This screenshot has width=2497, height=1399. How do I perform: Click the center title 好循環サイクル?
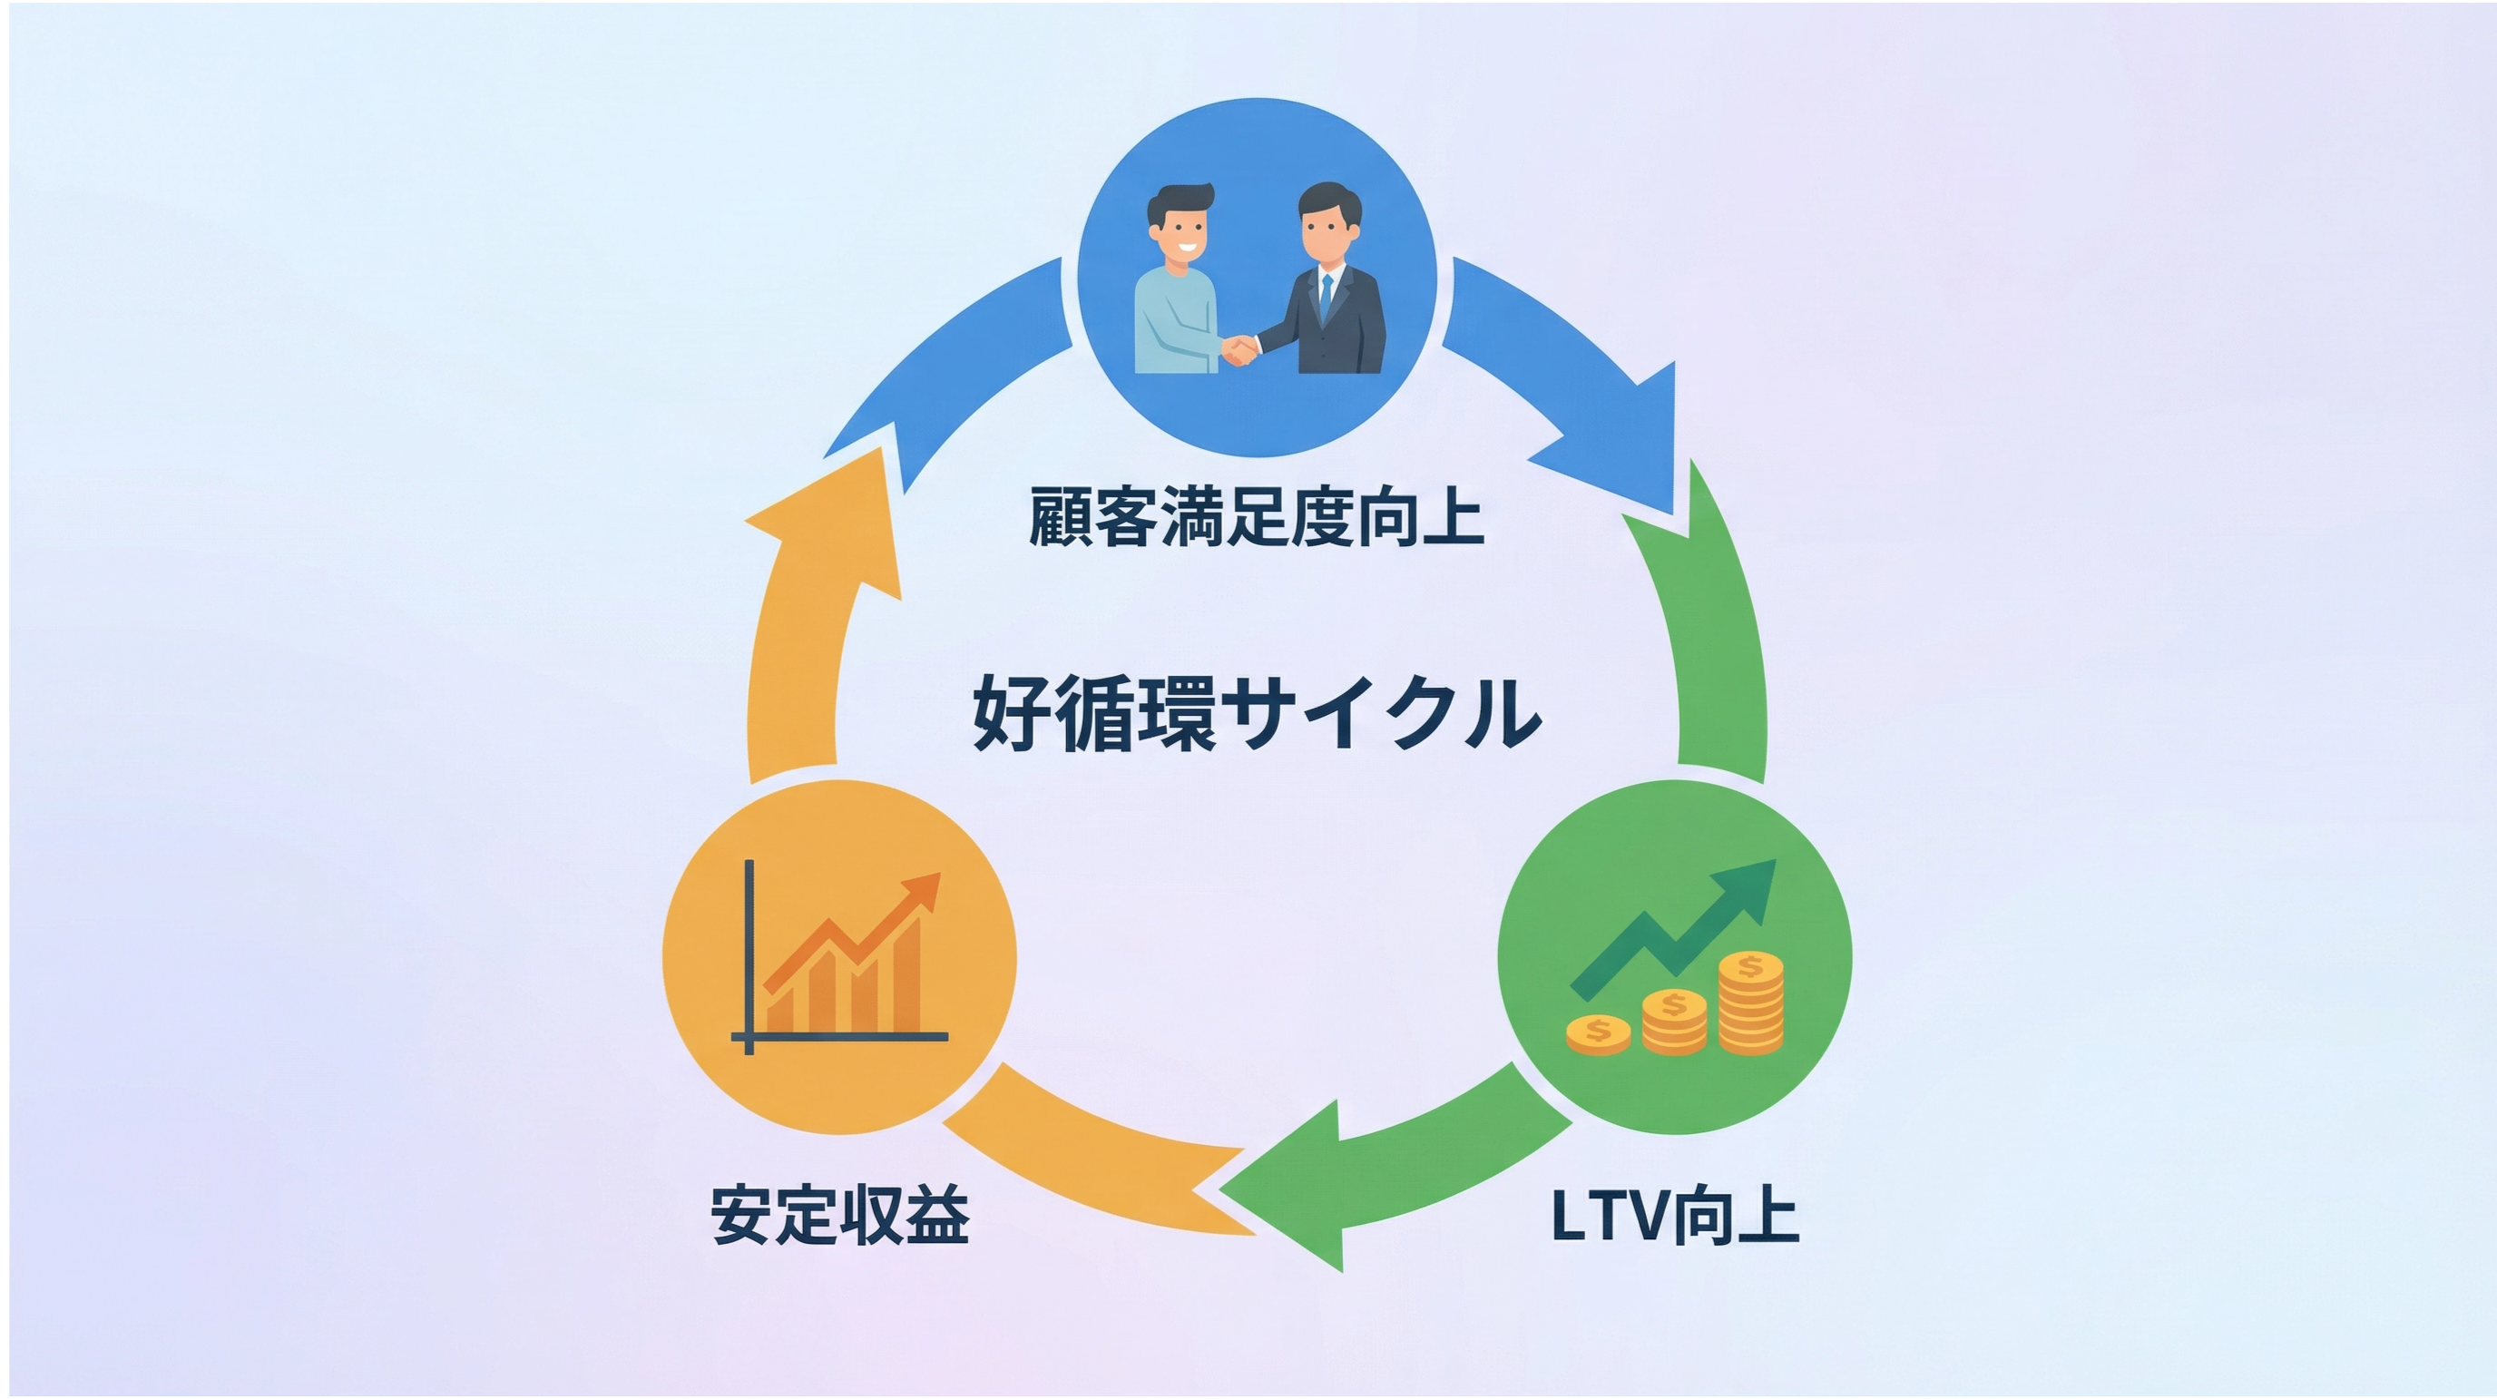pyautogui.click(x=1257, y=716)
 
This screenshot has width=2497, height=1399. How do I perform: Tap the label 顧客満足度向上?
pyautogui.click(x=1257, y=517)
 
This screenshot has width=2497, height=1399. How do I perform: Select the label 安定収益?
pyautogui.click(x=839, y=1214)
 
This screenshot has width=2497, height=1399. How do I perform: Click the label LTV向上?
pyautogui.click(x=1675, y=1214)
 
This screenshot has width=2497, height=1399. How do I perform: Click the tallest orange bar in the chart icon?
pyautogui.click(x=907, y=979)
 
